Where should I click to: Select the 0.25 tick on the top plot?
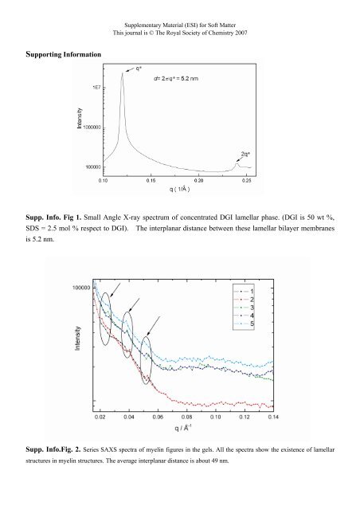[x=247, y=181]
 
